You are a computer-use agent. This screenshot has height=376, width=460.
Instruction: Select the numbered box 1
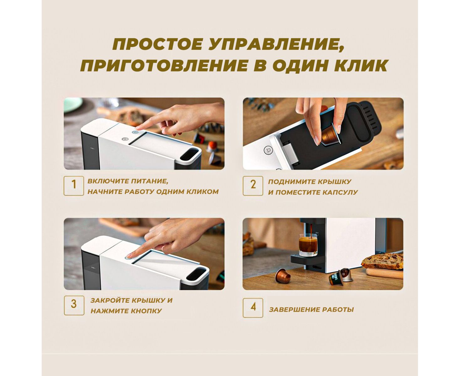click(x=74, y=186)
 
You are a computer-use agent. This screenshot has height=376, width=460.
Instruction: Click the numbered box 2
click(x=253, y=186)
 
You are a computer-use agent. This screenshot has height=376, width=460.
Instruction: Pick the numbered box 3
click(x=74, y=305)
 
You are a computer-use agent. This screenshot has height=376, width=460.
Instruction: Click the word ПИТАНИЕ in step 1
click(x=150, y=181)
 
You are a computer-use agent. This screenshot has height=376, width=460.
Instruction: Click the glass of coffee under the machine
click(x=308, y=245)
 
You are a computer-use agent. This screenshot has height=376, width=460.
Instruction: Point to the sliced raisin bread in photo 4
click(x=382, y=261)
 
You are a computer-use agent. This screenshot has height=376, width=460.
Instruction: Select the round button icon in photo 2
click(x=268, y=150)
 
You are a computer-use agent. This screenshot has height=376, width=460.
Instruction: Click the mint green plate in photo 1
click(x=73, y=104)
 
